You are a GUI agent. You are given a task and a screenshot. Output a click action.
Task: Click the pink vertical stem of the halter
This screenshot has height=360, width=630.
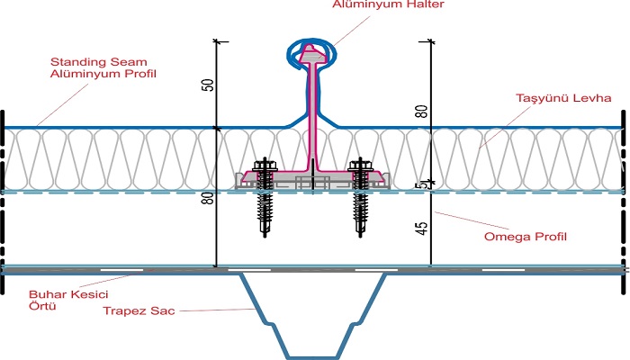pyautogui.click(x=313, y=117)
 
